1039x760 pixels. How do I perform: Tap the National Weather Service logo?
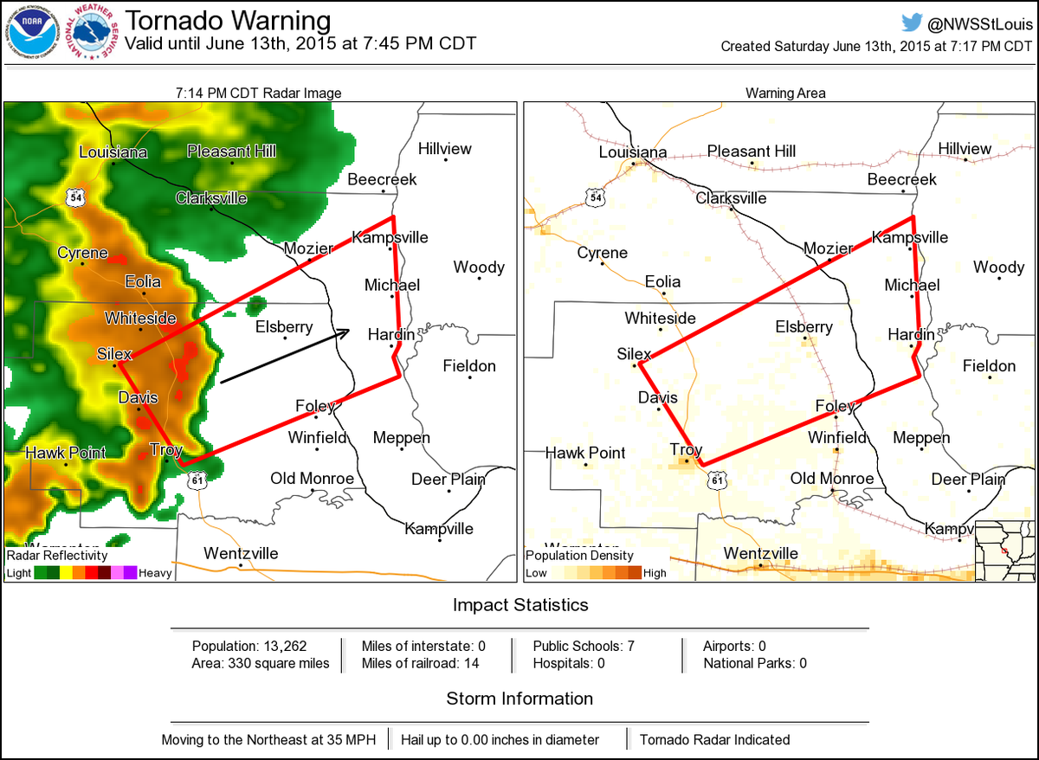pos(94,32)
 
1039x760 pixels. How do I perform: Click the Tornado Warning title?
pos(228,20)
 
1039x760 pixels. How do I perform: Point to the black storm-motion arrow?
pos(285,356)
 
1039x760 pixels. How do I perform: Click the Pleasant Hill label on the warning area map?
pos(751,151)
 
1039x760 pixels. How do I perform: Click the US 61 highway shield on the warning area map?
pos(715,479)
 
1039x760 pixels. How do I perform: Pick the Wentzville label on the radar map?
pos(241,553)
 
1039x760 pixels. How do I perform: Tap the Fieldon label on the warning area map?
pos(989,366)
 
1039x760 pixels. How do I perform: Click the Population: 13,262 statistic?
pos(249,646)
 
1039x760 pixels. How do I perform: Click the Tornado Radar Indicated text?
pos(714,740)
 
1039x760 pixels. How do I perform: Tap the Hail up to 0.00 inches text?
pos(500,740)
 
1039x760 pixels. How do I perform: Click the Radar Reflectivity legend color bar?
pos(86,572)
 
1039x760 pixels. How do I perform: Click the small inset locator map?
pos(1004,551)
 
